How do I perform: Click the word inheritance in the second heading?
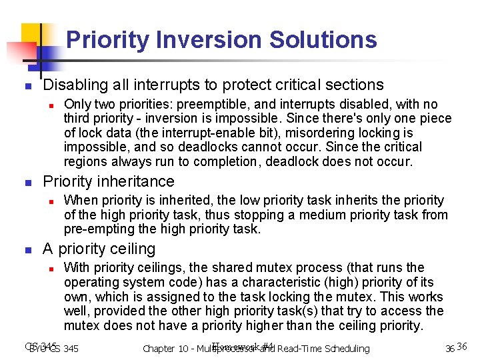(x=137, y=181)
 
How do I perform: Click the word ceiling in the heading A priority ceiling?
(x=133, y=249)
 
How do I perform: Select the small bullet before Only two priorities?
(x=49, y=105)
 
